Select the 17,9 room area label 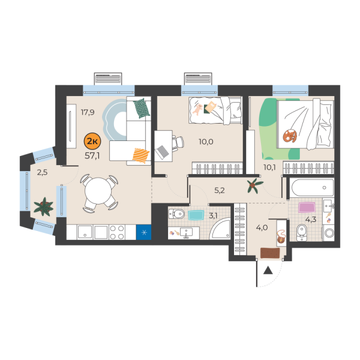pos(89,111)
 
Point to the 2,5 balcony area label pos(42,173)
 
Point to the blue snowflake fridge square pos(143,232)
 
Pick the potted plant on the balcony pos(43,207)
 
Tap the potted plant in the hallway pos(254,185)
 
